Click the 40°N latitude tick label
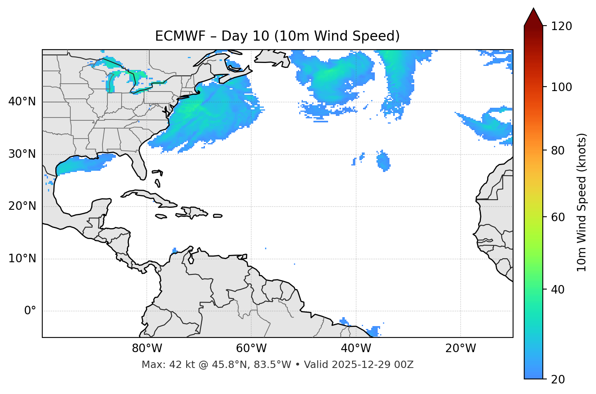22,102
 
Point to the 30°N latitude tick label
22,154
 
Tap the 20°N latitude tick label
22,206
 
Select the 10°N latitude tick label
22,259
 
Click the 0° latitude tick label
30,311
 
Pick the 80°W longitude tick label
147,348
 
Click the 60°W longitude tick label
251,348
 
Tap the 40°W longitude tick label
356,348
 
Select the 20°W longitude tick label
460,348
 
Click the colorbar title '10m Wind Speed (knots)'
582,202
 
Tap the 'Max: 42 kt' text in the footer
162,365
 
